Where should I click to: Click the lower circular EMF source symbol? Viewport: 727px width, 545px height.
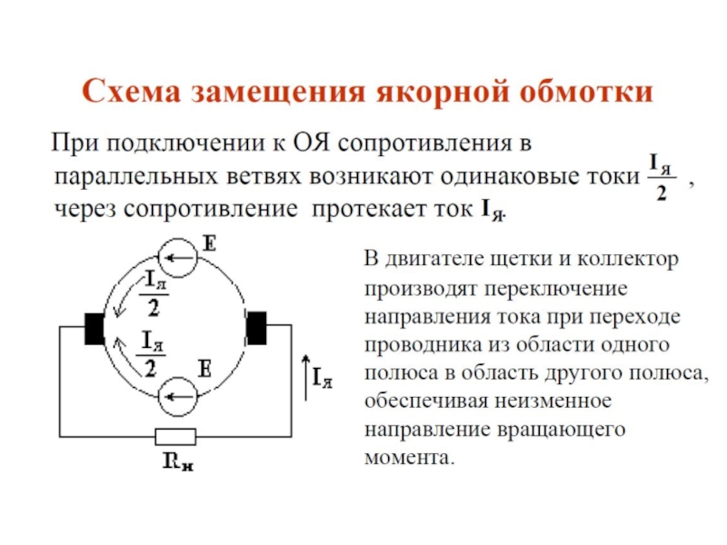[x=178, y=397]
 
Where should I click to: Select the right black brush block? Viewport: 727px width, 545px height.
[x=257, y=327]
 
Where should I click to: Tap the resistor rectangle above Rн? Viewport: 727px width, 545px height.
[x=174, y=436]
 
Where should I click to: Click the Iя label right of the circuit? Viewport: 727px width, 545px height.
[x=322, y=379]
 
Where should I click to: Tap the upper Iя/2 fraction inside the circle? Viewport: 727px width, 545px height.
[x=153, y=293]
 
